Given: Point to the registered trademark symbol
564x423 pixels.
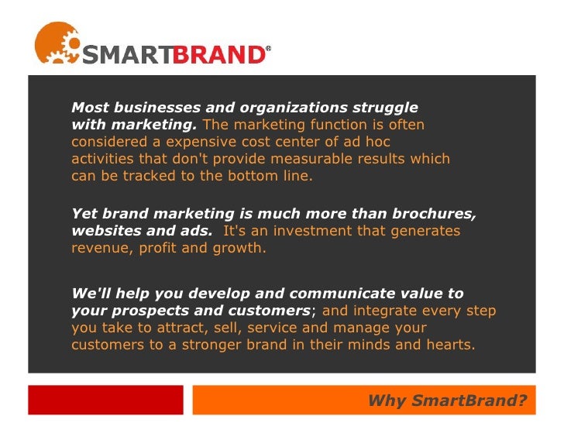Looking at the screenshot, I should pos(269,49).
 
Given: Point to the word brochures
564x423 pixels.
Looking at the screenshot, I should pos(438,214).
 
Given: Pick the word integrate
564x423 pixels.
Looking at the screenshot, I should pos(378,311).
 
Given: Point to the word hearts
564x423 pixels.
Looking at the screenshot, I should pos(450,345).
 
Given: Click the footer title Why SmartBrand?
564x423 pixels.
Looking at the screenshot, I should pos(447,401).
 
